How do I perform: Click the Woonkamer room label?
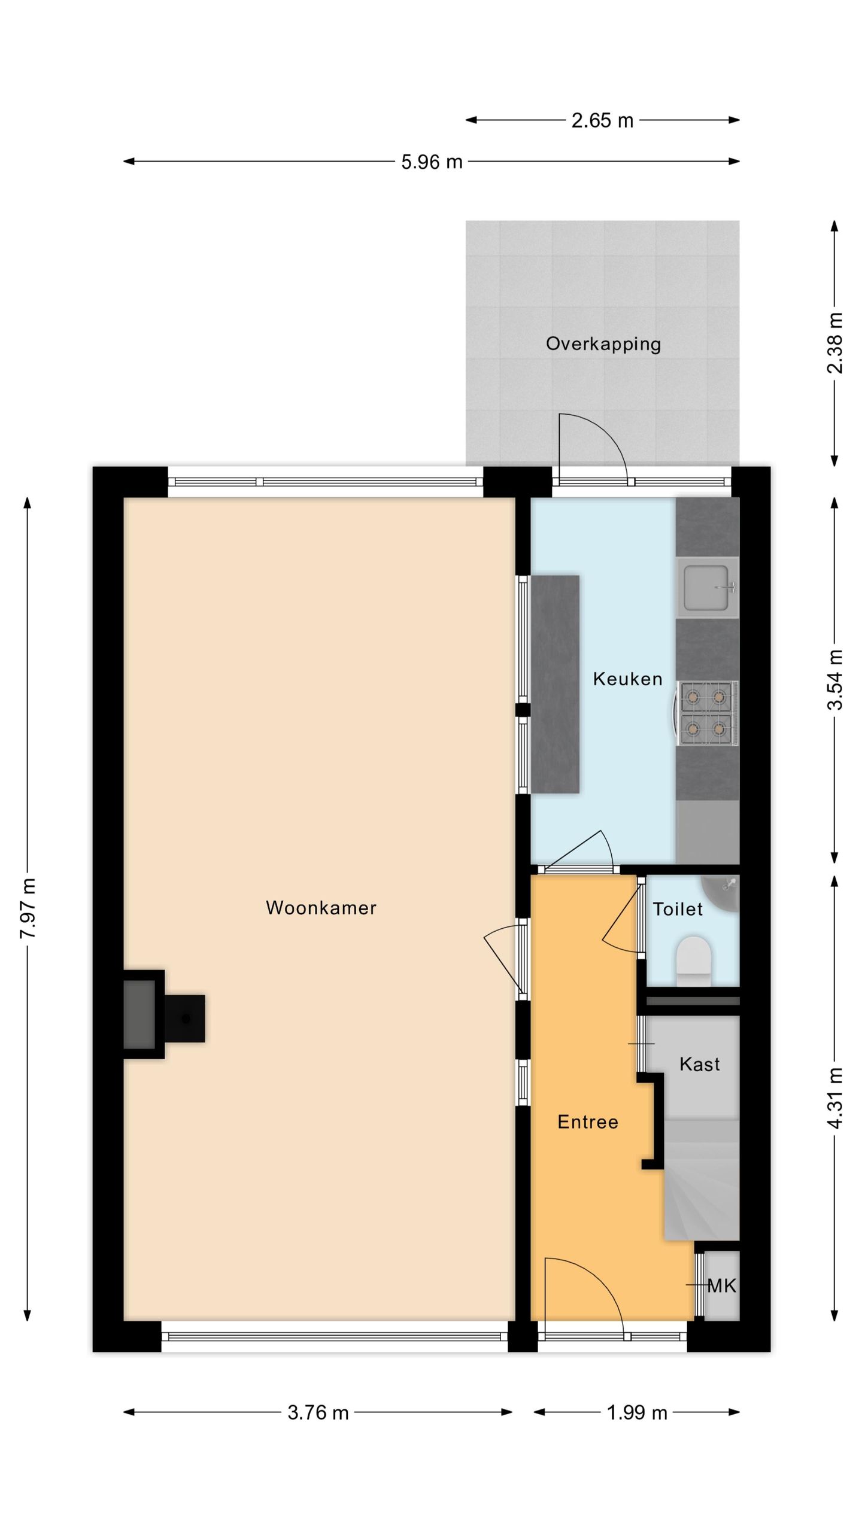tap(321, 908)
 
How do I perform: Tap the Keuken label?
tap(627, 679)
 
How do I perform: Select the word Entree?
tap(587, 1121)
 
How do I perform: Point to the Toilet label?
tap(677, 909)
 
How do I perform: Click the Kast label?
tap(699, 1064)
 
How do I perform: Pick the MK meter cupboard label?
tap(721, 1285)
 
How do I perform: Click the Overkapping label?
tap(603, 344)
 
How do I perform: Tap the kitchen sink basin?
tap(708, 588)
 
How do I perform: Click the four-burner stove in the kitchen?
tap(707, 713)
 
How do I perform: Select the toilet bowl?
tap(693, 961)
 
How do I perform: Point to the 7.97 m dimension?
tap(28, 908)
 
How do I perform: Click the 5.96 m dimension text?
tap(432, 162)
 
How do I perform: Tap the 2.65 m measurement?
tap(602, 120)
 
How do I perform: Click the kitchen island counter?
tap(555, 684)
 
